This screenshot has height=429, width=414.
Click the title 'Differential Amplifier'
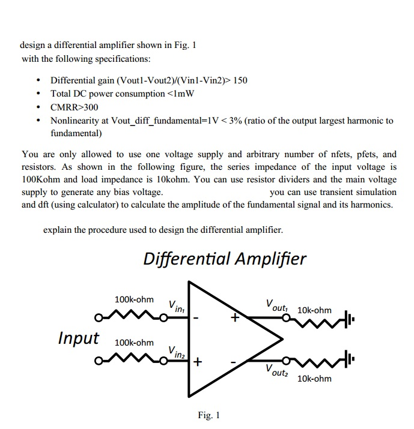pyautogui.click(x=225, y=259)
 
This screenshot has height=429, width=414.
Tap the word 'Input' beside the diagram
pyautogui.click(x=78, y=338)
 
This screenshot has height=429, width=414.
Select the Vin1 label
pyautogui.click(x=176, y=306)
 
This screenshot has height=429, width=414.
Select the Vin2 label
pyautogui.click(x=177, y=351)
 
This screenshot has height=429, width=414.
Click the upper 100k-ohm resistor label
pyautogui.click(x=134, y=299)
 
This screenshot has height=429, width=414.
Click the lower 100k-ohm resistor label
pyautogui.click(x=134, y=343)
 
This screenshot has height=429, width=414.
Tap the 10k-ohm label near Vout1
pyautogui.click(x=314, y=310)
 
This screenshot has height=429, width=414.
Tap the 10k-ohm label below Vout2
pyautogui.click(x=314, y=379)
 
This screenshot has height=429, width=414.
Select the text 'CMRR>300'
pyautogui.click(x=74, y=107)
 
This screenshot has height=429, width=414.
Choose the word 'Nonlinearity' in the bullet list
pyautogui.click(x=75, y=121)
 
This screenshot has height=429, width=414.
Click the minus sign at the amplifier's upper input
pyautogui.click(x=198, y=317)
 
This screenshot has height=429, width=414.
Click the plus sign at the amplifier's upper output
pyautogui.click(x=236, y=318)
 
